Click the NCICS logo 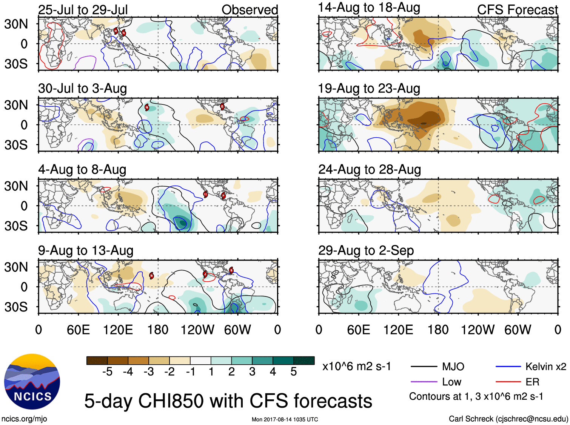[x=32, y=381]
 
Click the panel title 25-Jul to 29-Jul [x=83, y=10]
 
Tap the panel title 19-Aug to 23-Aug [x=369, y=89]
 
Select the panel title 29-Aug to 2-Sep [x=366, y=250]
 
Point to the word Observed [x=250, y=10]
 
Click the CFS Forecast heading [x=517, y=10]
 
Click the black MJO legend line [x=424, y=367]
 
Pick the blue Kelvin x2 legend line [x=508, y=367]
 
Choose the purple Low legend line [x=424, y=382]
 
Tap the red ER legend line [x=508, y=382]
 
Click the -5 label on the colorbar [x=107, y=372]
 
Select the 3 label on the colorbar [x=252, y=372]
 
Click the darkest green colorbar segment [x=304, y=361]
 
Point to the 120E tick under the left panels [x=118, y=330]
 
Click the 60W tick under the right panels [x=518, y=330]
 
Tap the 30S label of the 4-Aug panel [x=16, y=226]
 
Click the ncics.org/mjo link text [x=24, y=419]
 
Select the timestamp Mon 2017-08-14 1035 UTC [x=285, y=419]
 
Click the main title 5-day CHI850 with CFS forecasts [x=228, y=401]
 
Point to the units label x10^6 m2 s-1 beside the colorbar [x=356, y=367]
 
